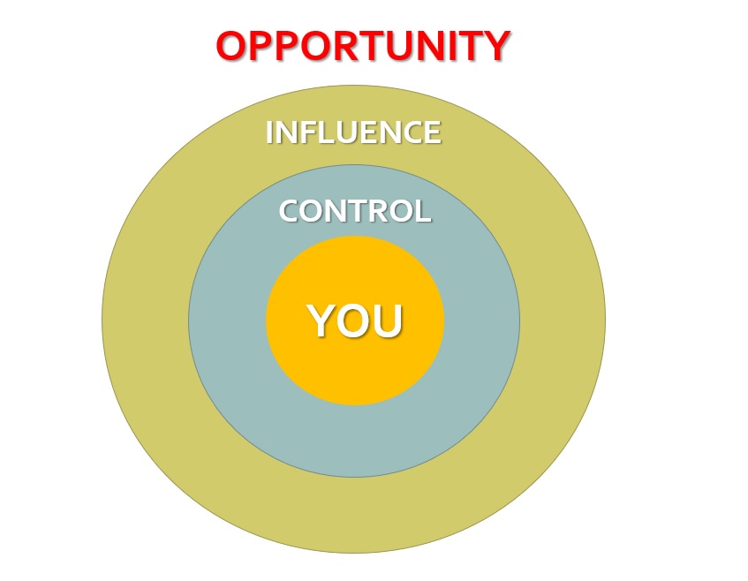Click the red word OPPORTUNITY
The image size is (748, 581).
click(363, 46)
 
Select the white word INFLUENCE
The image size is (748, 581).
click(353, 132)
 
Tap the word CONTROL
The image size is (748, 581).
click(355, 211)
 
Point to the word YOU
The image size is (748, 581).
click(355, 321)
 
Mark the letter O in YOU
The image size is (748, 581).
click(355, 321)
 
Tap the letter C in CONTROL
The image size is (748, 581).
click(289, 211)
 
